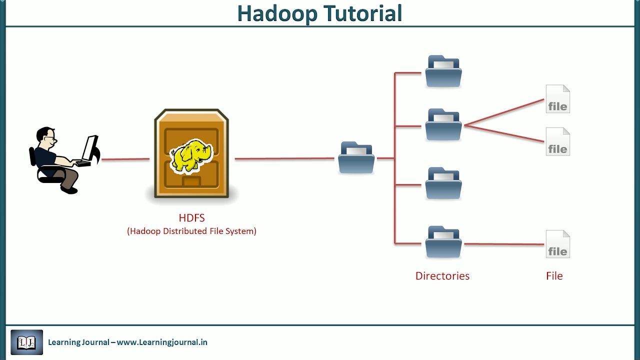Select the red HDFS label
pyautogui.click(x=191, y=218)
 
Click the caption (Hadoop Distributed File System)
pyautogui.click(x=191, y=231)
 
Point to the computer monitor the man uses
pyautogui.click(x=90, y=149)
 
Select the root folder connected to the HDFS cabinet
pyautogui.click(x=356, y=158)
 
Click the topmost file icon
pyautogui.click(x=557, y=99)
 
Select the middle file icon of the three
pyautogui.click(x=557, y=141)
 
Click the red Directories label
pyautogui.click(x=442, y=276)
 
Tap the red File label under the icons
pyautogui.click(x=554, y=276)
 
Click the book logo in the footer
pyautogui.click(x=27, y=342)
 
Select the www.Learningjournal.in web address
pyautogui.click(x=162, y=342)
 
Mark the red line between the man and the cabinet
pyautogui.click(x=125, y=159)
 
